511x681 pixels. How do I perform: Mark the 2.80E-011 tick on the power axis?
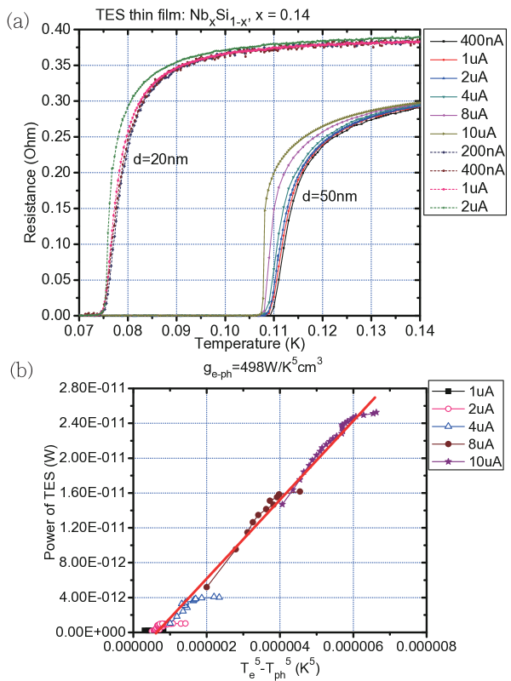click(100, 388)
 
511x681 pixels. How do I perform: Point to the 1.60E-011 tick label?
click(100, 493)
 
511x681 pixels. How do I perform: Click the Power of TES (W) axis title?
click(53, 511)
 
